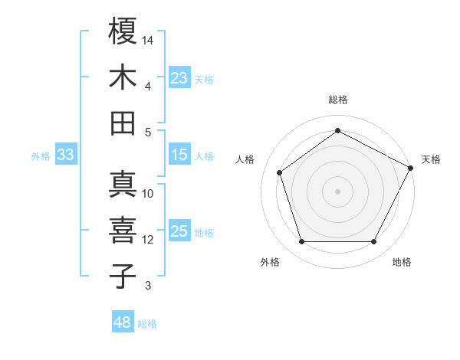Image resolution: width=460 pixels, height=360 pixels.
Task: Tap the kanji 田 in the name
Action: point(123,123)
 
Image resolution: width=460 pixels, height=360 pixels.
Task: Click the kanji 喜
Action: point(123,230)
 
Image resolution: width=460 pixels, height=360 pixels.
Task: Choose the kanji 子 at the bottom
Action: point(123,276)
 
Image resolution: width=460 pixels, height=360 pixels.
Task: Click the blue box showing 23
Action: point(179,78)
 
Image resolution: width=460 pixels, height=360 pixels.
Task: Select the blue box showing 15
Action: point(179,155)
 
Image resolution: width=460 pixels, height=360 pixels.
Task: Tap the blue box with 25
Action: point(179,232)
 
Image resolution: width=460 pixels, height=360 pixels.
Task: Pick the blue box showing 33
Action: point(65,155)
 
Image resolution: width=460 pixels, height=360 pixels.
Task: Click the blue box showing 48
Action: point(122,322)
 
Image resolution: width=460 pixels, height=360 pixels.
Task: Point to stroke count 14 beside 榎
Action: point(148,40)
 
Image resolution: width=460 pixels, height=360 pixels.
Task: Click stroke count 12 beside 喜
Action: point(148,240)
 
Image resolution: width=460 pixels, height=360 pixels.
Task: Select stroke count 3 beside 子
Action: point(148,286)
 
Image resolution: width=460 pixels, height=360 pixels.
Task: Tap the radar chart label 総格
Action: point(337,100)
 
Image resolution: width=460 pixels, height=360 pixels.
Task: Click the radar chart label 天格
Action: point(431,159)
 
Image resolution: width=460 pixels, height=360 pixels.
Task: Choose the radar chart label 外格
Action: point(269,262)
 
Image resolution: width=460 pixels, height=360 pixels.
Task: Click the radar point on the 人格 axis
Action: point(280,172)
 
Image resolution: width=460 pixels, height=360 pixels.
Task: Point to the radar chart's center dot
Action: point(337,191)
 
